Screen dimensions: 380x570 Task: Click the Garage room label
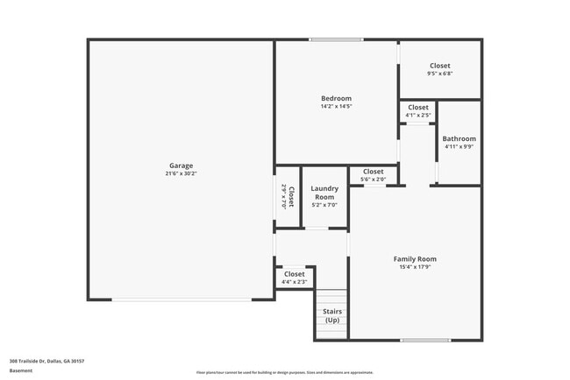182,165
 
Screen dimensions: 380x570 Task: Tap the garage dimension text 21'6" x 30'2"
182,173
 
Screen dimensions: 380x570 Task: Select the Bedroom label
336,98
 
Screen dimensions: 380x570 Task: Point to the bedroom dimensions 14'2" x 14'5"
336,106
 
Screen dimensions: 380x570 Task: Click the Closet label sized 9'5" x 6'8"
440,67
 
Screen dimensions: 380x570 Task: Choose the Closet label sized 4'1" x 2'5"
418,107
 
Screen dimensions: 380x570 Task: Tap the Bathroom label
459,138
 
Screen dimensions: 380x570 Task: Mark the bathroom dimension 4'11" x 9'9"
459,146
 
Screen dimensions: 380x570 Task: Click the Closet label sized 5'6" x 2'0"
373,172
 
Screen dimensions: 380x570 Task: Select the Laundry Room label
324,192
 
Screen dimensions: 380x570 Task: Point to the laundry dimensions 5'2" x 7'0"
324,204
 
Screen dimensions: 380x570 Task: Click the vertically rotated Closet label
291,196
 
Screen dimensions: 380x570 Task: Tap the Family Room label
415,258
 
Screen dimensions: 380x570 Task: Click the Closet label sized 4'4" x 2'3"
294,274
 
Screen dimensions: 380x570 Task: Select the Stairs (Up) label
332,315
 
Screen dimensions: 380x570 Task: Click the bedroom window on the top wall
336,39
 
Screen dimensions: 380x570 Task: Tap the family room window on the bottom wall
425,340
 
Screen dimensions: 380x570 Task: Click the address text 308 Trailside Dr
46,360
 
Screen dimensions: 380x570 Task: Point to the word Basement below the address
20,370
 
